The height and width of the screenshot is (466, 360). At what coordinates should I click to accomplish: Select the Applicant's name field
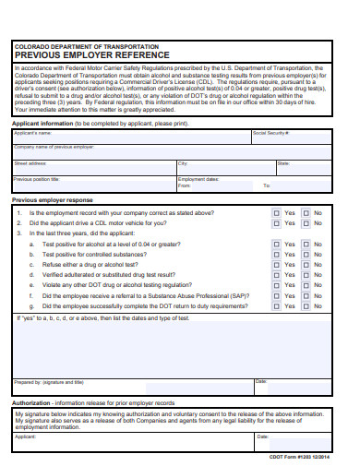(129, 137)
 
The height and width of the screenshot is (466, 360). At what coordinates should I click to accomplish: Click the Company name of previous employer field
(171, 152)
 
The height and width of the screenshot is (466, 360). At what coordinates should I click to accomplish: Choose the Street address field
(92, 168)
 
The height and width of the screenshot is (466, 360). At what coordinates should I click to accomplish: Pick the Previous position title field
(92, 183)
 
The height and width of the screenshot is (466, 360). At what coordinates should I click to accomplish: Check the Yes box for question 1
(276, 211)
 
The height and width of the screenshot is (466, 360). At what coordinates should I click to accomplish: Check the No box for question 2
(306, 222)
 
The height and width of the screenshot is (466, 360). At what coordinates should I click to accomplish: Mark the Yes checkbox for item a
(276, 244)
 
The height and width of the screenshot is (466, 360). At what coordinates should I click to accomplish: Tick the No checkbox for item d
(306, 275)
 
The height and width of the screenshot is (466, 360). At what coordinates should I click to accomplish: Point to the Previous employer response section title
(52, 199)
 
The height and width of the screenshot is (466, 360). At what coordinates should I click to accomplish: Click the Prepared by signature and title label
(48, 381)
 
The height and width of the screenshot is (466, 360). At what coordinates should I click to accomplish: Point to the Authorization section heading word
(32, 403)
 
